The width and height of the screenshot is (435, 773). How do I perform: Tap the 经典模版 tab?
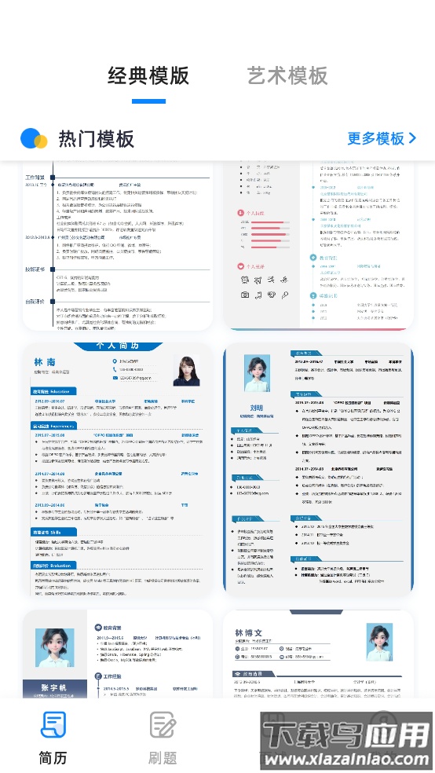coord(148,76)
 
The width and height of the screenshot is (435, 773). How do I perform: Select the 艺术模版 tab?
coord(287,76)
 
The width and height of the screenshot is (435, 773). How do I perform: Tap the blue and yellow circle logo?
coord(34,139)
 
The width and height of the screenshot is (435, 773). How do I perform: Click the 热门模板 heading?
coord(97,139)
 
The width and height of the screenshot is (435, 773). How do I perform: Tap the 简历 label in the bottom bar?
coord(53,758)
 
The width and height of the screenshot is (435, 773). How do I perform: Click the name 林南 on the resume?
coord(45,362)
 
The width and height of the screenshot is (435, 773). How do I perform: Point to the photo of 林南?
coord(186,371)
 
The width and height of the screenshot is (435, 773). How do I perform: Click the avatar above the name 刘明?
coord(257,374)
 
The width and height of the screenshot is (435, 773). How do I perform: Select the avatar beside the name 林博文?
coord(379,641)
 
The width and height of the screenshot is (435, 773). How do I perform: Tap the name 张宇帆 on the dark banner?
coord(53,687)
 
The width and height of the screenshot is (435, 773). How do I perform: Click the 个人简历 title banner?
coord(118,346)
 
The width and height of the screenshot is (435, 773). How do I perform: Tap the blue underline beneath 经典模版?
coord(148,101)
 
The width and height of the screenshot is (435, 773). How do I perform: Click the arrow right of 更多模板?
coord(412,139)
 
